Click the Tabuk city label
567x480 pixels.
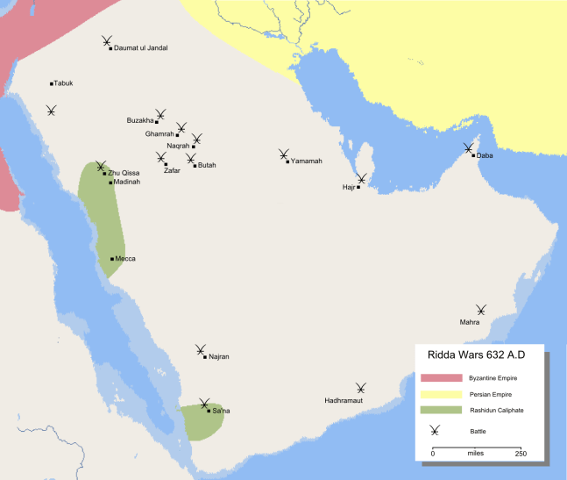coord(63,83)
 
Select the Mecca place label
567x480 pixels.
coord(125,259)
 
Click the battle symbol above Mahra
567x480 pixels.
coord(480,310)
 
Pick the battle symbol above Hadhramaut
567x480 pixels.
coord(360,387)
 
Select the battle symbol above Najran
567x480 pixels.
coord(201,349)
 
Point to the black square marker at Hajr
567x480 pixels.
coord(358,187)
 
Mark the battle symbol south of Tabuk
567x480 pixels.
coord(52,111)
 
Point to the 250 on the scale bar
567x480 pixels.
coord(520,453)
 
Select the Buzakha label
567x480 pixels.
coord(140,120)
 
